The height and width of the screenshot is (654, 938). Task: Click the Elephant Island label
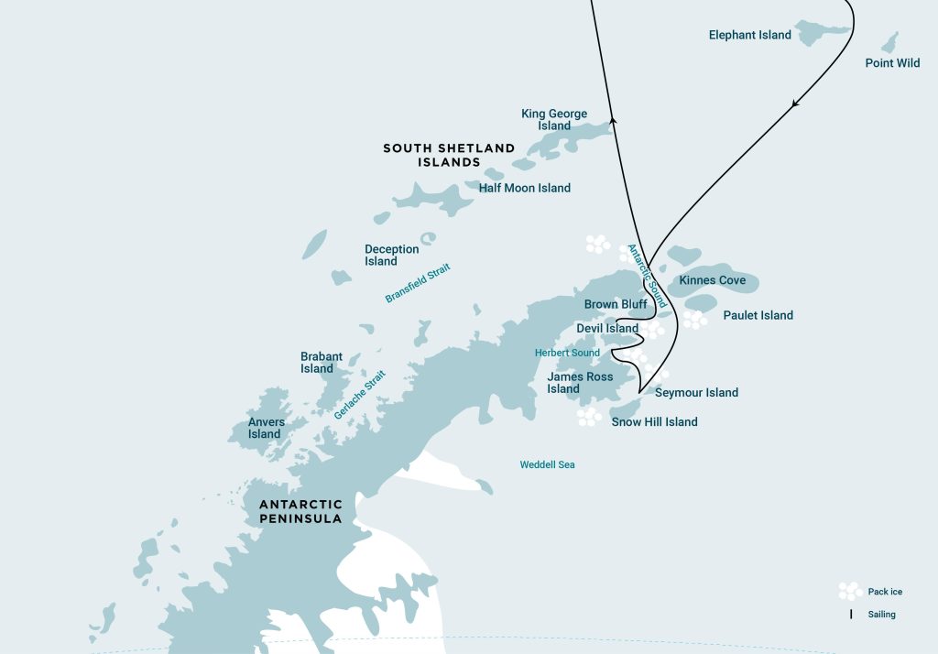pos(749,36)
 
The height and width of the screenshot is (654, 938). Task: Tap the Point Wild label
pos(892,63)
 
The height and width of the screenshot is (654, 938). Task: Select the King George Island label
pos(554,120)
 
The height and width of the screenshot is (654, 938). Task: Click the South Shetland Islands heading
pos(448,155)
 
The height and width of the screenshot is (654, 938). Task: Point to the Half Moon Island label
pos(524,188)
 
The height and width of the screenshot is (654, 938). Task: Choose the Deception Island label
pos(391,255)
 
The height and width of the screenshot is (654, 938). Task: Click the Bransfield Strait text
pos(418,282)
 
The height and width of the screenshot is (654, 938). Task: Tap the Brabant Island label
pos(322,363)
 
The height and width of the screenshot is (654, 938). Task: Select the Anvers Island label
pos(267,428)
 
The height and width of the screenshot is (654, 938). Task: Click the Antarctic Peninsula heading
pos(300,511)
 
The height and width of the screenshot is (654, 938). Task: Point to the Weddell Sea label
pos(547,465)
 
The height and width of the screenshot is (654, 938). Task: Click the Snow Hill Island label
pos(654,422)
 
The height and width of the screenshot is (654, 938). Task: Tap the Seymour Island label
pos(696,393)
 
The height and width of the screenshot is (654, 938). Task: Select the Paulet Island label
pos(758,316)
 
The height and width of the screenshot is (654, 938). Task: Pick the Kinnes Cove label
pos(712,280)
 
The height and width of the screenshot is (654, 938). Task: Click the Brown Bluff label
pos(616,304)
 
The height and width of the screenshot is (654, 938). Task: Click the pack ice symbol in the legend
pos(849,592)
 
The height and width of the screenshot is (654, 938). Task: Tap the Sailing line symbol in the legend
pos(851,615)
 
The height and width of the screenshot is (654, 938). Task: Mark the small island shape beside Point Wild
pos(889,42)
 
